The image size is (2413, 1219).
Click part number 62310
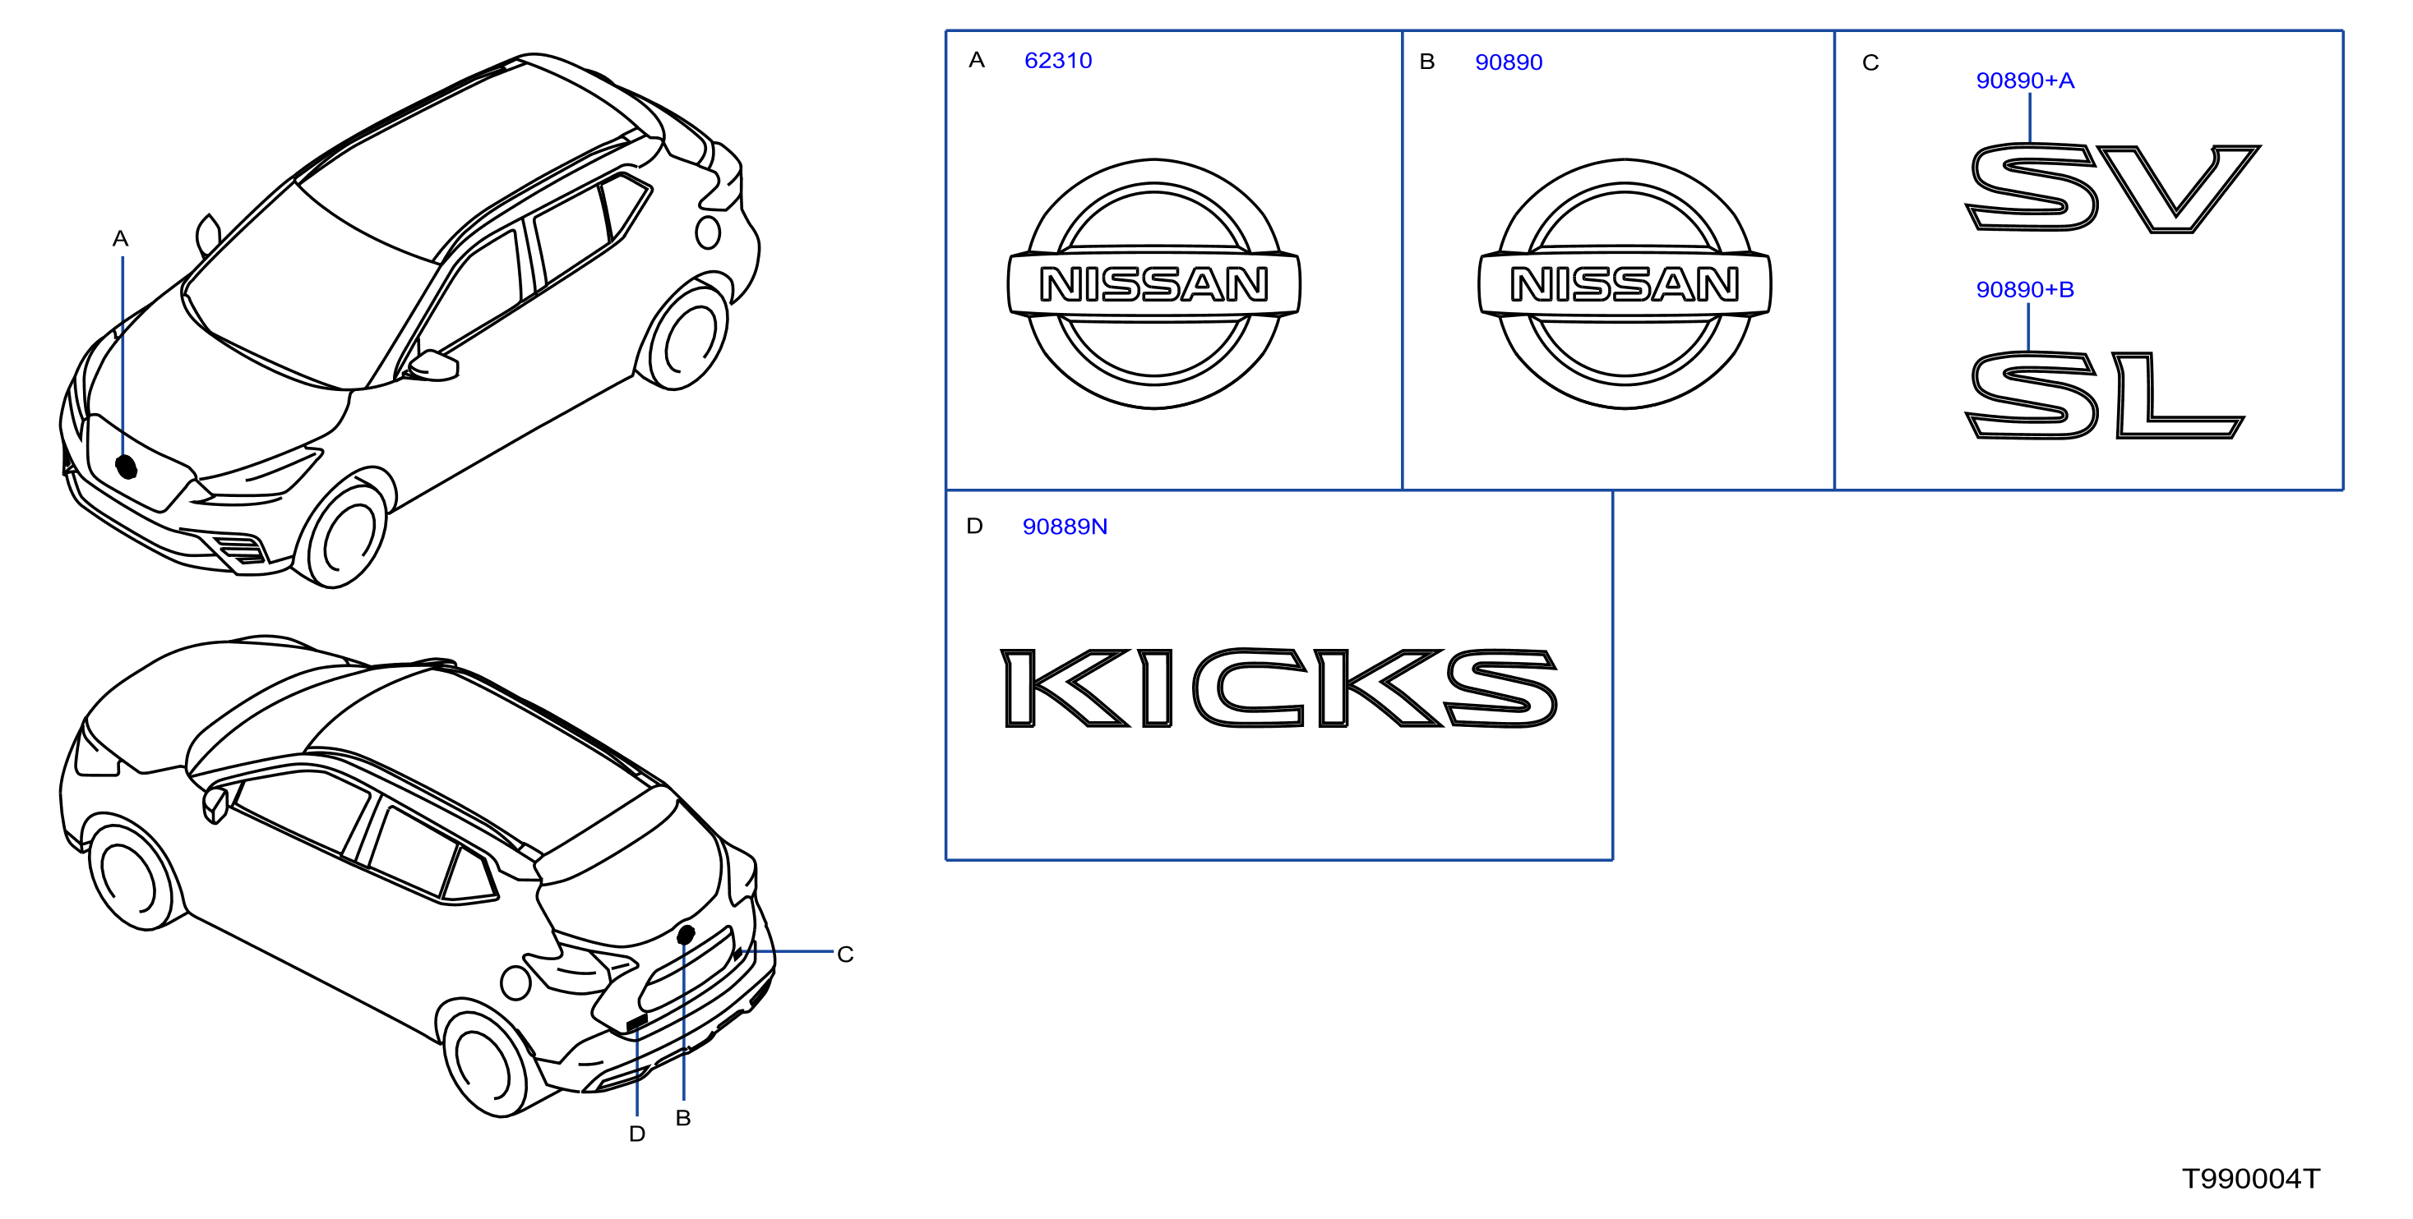(x=1057, y=61)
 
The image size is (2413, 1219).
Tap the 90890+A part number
(x=2024, y=80)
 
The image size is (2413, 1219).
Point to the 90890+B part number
(x=2024, y=289)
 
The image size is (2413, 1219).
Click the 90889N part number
(x=1064, y=527)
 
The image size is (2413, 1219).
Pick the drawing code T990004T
(x=2251, y=1178)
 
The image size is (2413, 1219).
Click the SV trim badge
(x=2112, y=187)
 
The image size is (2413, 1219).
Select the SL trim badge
(x=2104, y=394)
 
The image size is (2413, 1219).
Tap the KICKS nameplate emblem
(x=1278, y=688)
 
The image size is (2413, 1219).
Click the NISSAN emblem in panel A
(x=1153, y=283)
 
